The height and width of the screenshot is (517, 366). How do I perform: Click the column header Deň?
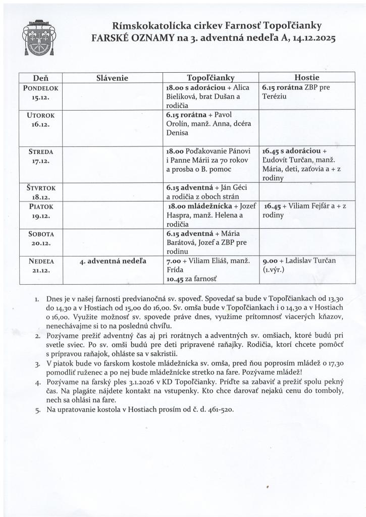(x=40, y=78)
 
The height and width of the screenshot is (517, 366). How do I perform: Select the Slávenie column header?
(x=112, y=78)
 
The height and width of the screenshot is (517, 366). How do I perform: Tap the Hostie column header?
(x=306, y=78)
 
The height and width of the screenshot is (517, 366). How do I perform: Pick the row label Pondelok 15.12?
(x=40, y=92)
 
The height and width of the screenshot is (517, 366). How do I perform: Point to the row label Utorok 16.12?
(x=40, y=119)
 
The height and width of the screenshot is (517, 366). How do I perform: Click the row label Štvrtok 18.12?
(x=40, y=192)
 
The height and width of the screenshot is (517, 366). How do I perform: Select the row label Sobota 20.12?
(x=40, y=238)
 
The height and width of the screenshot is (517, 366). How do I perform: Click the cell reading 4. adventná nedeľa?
(x=113, y=261)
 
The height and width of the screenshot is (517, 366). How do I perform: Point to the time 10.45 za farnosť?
(x=175, y=278)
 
